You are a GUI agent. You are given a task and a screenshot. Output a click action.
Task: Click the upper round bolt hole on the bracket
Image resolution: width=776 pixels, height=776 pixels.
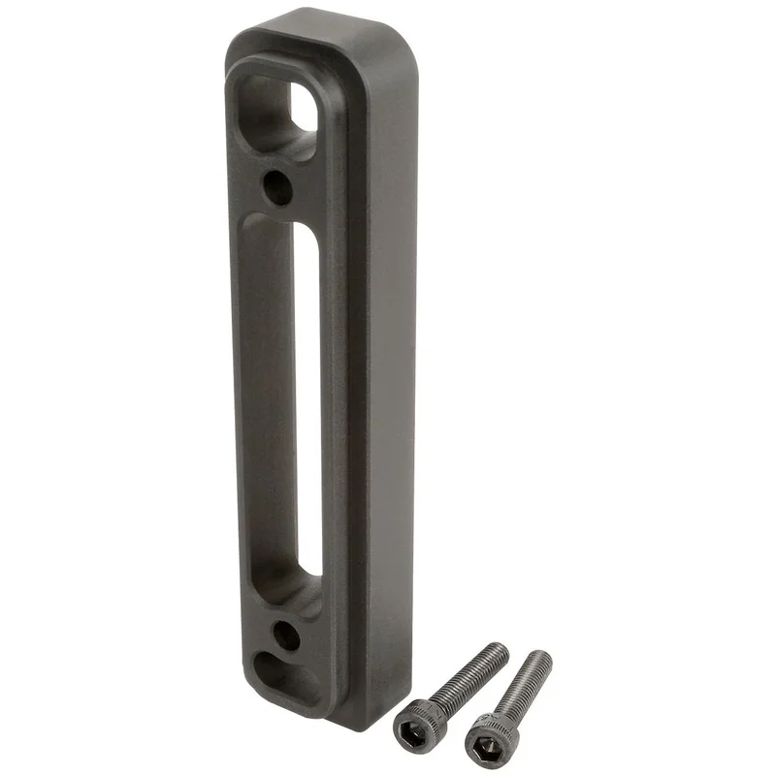pyautogui.click(x=278, y=185)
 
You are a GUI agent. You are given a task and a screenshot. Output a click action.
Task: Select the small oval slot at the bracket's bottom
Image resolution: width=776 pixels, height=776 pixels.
pyautogui.click(x=287, y=677)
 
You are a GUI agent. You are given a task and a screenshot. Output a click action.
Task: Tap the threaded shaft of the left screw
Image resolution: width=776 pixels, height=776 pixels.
pyautogui.click(x=465, y=679)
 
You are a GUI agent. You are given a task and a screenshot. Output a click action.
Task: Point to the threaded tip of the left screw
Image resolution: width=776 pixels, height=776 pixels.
pyautogui.click(x=499, y=651)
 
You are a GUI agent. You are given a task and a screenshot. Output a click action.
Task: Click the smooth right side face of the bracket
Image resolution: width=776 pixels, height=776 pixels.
pyautogui.click(x=388, y=388)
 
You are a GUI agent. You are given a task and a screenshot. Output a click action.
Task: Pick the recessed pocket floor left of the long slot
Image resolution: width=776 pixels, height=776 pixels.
pyautogui.click(x=267, y=407)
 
